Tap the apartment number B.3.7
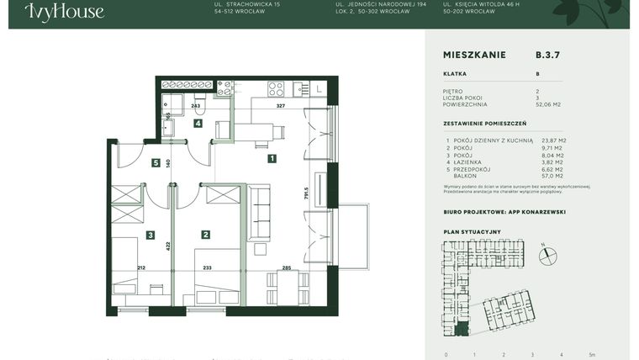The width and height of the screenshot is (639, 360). tap(547, 55)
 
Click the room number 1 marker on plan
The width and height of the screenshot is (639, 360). tap(272, 158)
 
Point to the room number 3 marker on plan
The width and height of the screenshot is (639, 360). tap(150, 236)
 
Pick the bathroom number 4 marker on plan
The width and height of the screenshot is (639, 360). tap(198, 124)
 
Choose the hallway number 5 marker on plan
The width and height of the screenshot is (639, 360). tap(156, 163)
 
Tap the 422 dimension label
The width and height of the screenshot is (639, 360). tap(168, 246)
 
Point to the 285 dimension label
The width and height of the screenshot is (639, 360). tap(287, 268)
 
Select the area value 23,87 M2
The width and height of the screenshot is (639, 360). tap(553, 140)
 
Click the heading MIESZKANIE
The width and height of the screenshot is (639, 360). tap(473, 55)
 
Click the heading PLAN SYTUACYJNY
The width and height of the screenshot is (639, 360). tap(472, 230)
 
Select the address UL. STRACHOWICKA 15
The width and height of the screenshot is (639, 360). tap(247, 5)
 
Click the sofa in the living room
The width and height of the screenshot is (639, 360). tap(260, 213)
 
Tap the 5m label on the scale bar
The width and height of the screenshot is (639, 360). tap(594, 355)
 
